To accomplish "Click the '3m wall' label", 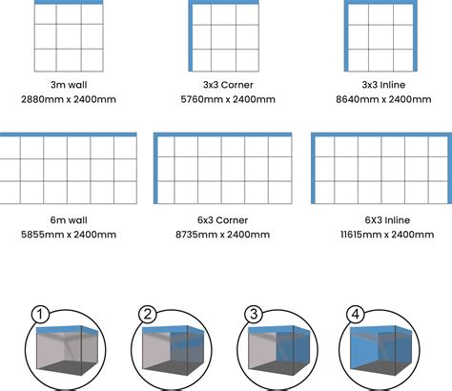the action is point(69,85).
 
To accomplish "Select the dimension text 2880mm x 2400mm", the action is point(69,99).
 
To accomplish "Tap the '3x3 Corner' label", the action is point(228,85).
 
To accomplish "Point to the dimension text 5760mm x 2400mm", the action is point(228,99).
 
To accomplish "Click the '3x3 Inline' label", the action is point(383,85).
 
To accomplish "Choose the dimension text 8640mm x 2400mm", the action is point(383,99).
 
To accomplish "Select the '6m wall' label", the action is point(69,220).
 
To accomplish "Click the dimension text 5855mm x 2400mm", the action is point(69,235).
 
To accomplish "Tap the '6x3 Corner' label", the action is point(222,220).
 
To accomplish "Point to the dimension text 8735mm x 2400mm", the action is point(222,235).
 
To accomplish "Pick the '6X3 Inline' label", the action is point(387,220).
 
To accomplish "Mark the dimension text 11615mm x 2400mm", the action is point(387,235).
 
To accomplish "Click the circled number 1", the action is point(40,314).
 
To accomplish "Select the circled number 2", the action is point(148,314).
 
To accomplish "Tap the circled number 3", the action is point(254,314).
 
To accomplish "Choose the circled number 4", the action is point(356,314).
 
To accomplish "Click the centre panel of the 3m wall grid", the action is point(69,36).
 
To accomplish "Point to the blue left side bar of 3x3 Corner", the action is point(191,35).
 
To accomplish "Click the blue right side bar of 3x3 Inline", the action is point(415,35).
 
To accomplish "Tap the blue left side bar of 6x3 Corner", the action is point(155,168).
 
